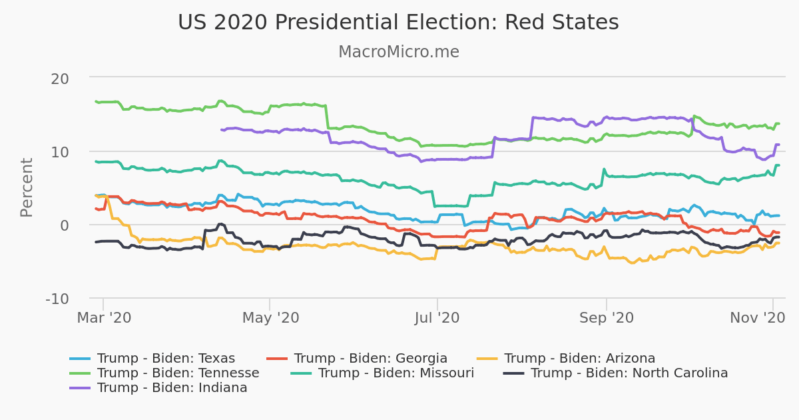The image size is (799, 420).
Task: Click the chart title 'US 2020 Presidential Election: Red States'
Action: pos(398,23)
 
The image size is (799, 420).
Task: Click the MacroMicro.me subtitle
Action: pos(398,52)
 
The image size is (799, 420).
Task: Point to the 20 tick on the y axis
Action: pos(60,78)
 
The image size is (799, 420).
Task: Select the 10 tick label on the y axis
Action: pos(60,151)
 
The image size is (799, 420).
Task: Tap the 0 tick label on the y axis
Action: pos(65,225)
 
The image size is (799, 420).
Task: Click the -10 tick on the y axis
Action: pos(57,298)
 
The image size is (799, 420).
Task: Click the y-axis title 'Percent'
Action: pos(27,187)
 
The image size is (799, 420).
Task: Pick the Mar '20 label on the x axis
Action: pos(104,318)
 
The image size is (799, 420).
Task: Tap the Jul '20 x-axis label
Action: pos(437,318)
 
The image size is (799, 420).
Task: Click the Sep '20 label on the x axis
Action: pos(606,318)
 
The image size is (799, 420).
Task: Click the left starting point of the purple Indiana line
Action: pos(221,130)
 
